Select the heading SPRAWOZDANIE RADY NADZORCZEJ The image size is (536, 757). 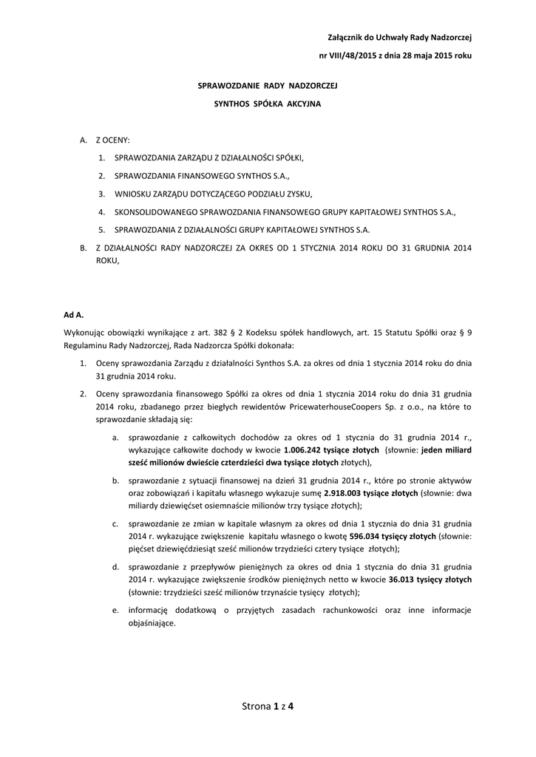coord(267,86)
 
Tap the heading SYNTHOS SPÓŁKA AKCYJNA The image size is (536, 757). coord(267,104)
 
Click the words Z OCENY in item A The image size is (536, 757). coord(112,140)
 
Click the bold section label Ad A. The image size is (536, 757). coord(74,315)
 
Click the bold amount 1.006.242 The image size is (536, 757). coord(305,450)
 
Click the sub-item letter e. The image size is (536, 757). coord(115,611)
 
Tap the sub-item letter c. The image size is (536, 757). coord(115,525)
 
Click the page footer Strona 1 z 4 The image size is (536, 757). coord(268,707)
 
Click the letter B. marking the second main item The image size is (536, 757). coord(84,248)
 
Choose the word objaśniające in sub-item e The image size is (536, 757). coord(152,623)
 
